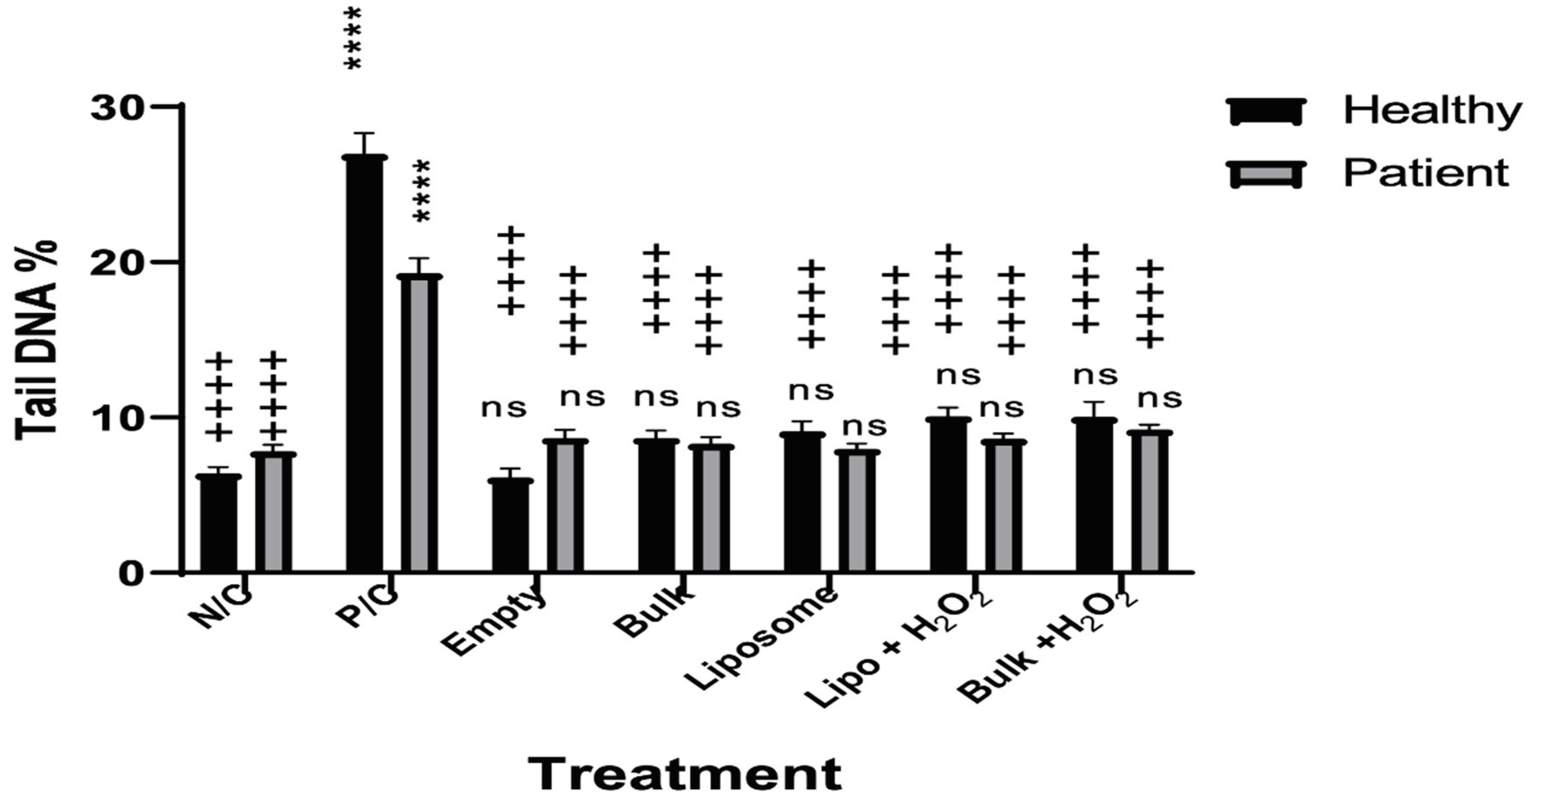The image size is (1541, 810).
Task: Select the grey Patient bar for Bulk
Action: [x=711, y=509]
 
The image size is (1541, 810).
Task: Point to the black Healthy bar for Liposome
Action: [x=802, y=502]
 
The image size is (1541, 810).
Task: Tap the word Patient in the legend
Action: [x=1426, y=174]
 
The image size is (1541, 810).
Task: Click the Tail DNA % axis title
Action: [x=37, y=341]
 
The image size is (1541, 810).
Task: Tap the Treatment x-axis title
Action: [x=686, y=773]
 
